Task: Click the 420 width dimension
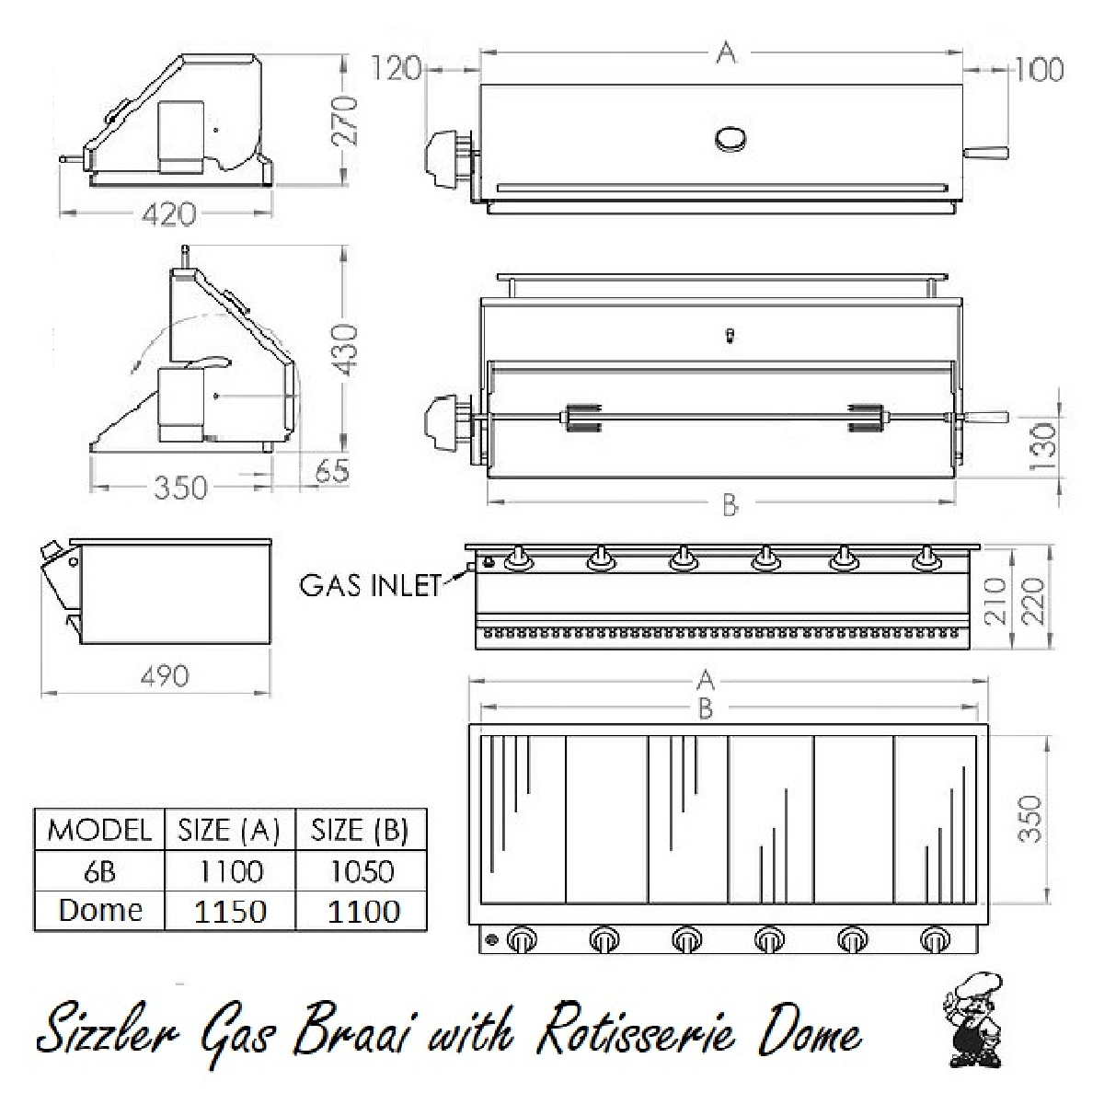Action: click(x=170, y=213)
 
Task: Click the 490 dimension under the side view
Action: click(x=166, y=676)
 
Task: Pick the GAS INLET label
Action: click(x=371, y=585)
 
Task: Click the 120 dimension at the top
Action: click(x=397, y=68)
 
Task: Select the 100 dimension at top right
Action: click(x=1040, y=69)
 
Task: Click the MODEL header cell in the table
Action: click(x=99, y=830)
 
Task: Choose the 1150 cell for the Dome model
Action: click(x=230, y=911)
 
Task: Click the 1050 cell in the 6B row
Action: click(x=361, y=870)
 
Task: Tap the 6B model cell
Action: click(x=99, y=870)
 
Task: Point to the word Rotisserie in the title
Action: click(x=635, y=1034)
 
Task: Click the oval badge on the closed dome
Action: click(x=732, y=139)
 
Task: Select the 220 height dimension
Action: click(x=1035, y=600)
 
